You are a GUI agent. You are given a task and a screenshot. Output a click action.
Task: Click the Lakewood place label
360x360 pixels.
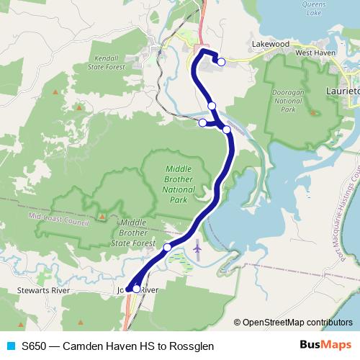coord(270,44)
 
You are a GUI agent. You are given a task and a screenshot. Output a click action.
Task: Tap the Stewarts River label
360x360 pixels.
coord(43,290)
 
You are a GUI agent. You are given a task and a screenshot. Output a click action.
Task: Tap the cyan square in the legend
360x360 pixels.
coord(9,346)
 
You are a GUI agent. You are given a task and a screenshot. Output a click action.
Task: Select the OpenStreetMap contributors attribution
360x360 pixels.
coord(293,322)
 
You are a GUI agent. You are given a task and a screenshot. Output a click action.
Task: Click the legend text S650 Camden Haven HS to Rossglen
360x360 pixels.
coord(117,346)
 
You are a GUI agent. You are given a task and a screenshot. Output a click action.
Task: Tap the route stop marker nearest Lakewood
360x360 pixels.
coord(221,63)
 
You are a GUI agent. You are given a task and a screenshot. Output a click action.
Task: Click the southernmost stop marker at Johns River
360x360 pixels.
coord(136,289)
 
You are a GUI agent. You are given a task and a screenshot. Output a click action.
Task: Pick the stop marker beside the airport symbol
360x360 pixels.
coord(168,248)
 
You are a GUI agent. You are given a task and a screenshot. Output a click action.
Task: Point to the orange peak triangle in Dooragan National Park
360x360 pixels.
coord(312,112)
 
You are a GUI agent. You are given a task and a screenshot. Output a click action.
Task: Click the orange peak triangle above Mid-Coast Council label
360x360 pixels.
coord(103,215)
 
